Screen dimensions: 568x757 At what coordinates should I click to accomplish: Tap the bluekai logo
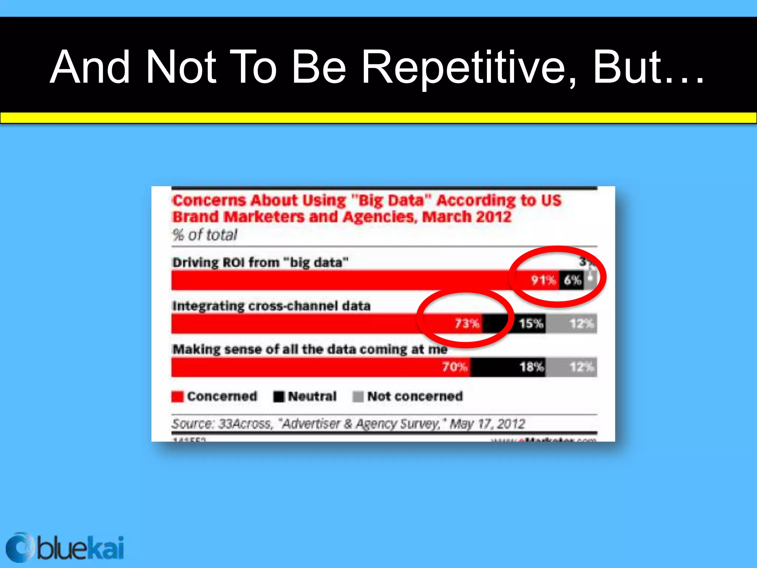click(65, 547)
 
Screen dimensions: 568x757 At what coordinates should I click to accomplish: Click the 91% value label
click(543, 280)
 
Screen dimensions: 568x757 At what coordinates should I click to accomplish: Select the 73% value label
click(467, 324)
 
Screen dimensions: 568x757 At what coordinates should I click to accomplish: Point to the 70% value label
click(455, 367)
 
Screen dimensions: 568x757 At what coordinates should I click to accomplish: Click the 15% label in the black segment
click(531, 324)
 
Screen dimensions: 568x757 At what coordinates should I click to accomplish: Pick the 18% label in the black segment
click(531, 367)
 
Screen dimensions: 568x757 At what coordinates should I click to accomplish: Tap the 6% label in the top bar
click(572, 280)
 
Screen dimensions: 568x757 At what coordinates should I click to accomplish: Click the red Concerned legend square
click(177, 396)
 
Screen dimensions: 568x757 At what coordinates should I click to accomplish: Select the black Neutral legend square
click(279, 396)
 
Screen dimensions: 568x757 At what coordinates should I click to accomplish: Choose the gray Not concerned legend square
click(358, 396)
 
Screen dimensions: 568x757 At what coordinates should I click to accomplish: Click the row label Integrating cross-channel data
click(271, 306)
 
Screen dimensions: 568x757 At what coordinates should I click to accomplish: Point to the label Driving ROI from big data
click(260, 263)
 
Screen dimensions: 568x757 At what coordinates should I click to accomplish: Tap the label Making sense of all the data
click(310, 349)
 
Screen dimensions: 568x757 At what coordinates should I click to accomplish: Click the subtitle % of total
click(205, 235)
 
